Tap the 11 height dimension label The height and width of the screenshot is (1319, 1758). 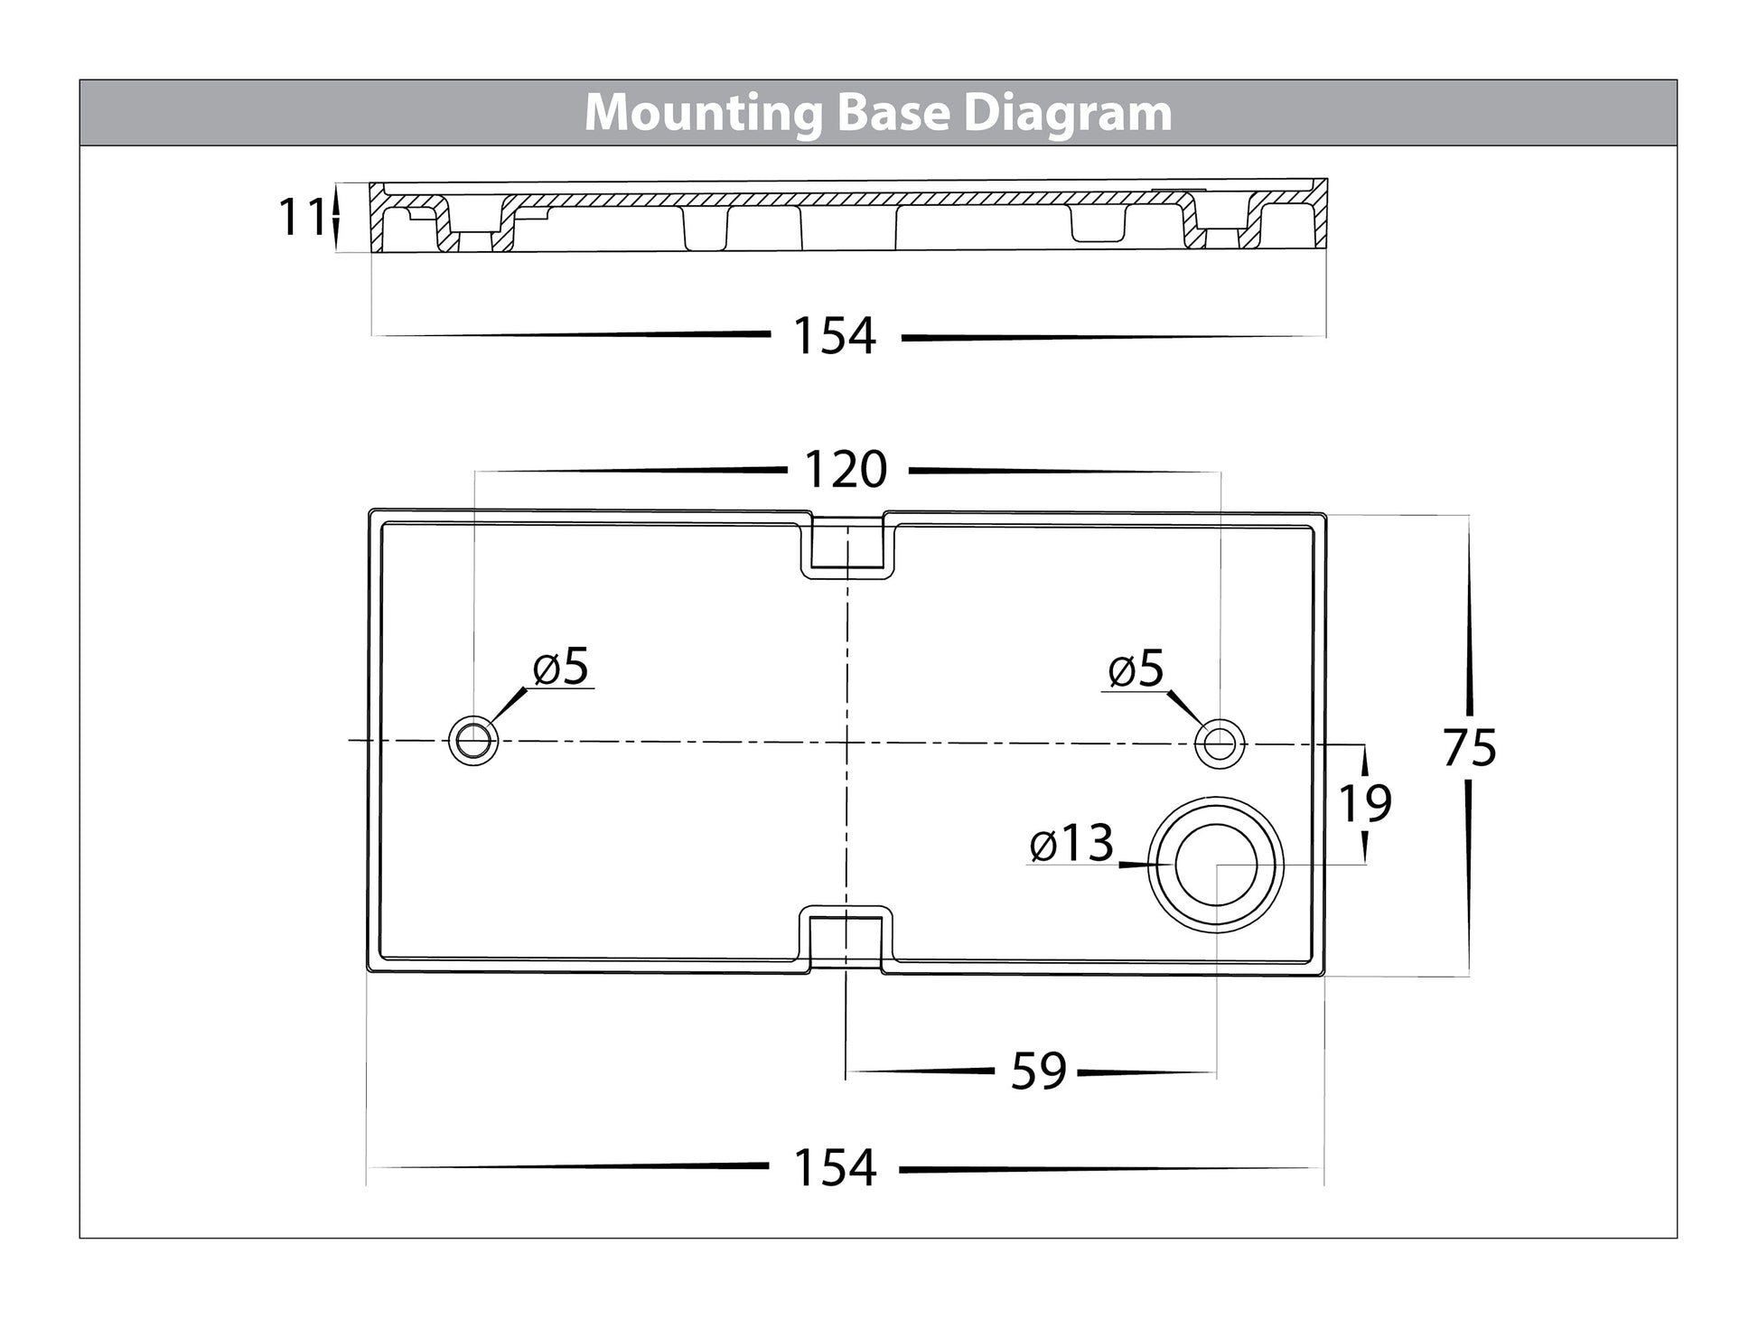[x=301, y=218]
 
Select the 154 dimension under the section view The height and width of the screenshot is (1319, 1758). [x=834, y=336]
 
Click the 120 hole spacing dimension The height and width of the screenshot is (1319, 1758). [x=846, y=470]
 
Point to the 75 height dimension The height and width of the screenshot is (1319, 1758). [x=1469, y=748]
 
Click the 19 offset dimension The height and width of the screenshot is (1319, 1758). [x=1364, y=803]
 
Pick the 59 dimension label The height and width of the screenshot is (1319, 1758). [x=1039, y=1071]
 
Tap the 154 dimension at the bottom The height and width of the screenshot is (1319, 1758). [x=834, y=1167]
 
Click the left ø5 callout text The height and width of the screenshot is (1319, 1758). [x=561, y=668]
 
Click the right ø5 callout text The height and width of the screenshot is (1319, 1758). [x=1136, y=669]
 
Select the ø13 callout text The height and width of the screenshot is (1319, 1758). [x=1071, y=844]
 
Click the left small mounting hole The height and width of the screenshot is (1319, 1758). [x=473, y=742]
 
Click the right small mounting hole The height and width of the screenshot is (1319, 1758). [x=1219, y=743]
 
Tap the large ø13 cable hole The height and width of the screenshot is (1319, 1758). [x=1216, y=865]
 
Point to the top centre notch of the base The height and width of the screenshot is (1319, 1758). [x=846, y=546]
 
